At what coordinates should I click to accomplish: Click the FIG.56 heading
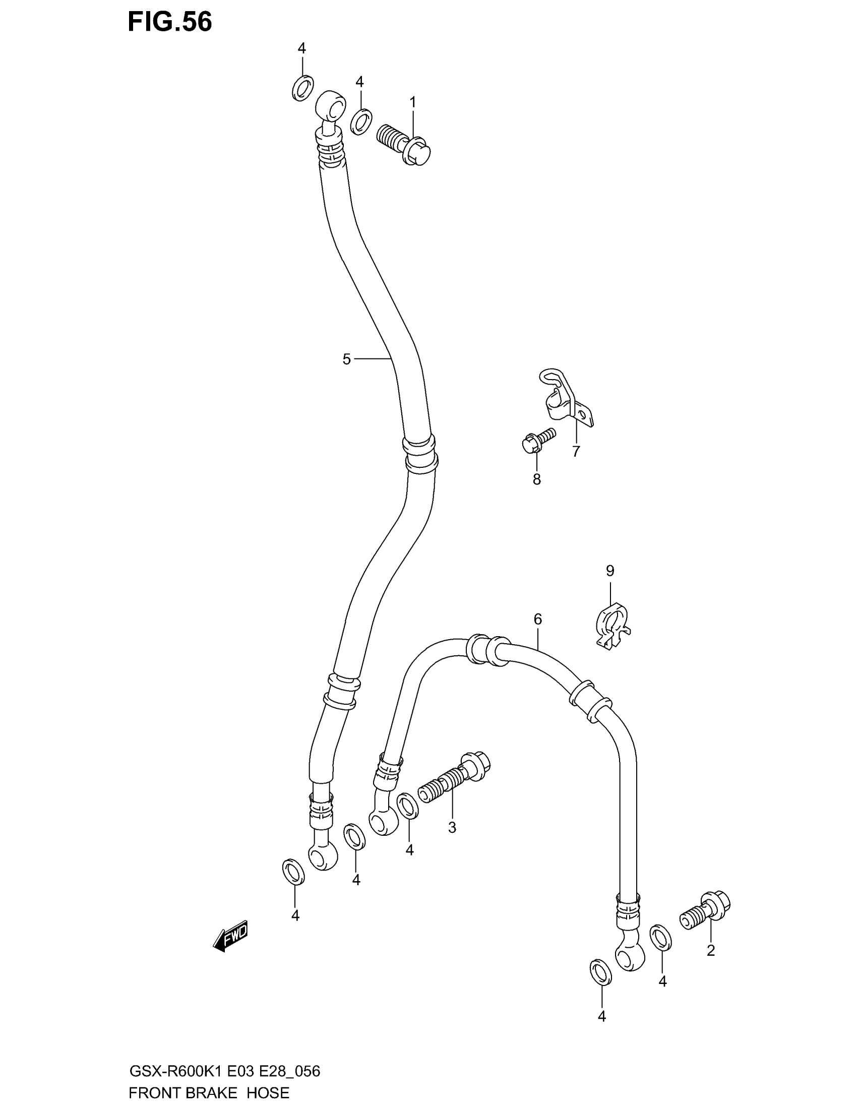pos(169,22)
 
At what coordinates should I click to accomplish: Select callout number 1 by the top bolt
pos(413,102)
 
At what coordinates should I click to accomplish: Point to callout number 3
pos(452,828)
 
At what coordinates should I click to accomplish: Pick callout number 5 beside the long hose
pos(346,359)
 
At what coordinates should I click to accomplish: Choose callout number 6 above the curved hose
pos(538,619)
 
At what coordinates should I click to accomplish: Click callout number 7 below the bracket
pos(576,452)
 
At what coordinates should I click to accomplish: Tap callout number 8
pos(537,479)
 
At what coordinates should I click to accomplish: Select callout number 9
pos(610,571)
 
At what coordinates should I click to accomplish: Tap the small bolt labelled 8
pos(539,440)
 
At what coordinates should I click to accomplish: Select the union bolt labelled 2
pos(705,911)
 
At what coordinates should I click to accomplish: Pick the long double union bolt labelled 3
pos(453,784)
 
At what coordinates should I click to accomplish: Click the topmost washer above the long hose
pos(302,88)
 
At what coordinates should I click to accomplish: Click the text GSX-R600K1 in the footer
pos(176,1072)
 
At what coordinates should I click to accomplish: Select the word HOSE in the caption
pos(268,1093)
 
